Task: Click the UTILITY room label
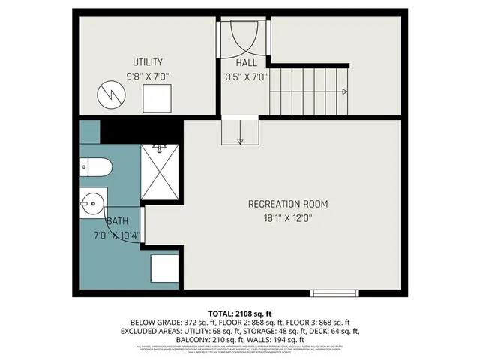(x=148, y=62)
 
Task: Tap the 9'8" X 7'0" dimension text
(x=148, y=76)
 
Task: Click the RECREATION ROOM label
(x=288, y=204)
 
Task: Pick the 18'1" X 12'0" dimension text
(x=288, y=218)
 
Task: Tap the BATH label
(x=116, y=222)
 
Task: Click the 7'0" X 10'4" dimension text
(x=115, y=235)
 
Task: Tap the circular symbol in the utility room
(x=110, y=95)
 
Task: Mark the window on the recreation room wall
(x=331, y=292)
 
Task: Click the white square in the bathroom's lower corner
(x=163, y=268)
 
